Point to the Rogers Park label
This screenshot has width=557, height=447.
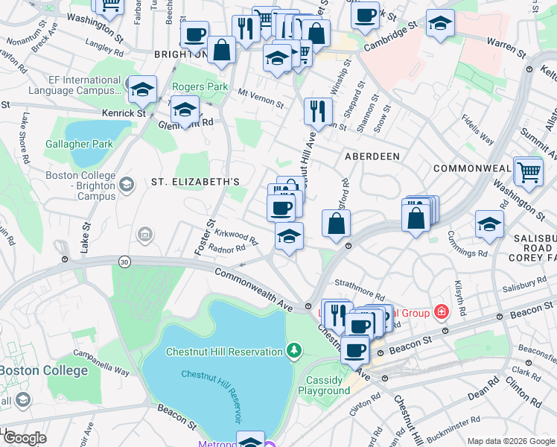pyautogui.click(x=200, y=86)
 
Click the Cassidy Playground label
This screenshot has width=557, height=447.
pyautogui.click(x=324, y=385)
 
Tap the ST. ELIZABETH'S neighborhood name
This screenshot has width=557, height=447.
pyautogui.click(x=194, y=181)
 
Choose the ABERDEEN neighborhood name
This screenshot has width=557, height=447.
pyautogui.click(x=372, y=156)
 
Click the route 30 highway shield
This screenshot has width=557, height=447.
pyautogui.click(x=124, y=261)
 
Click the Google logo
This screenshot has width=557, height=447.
pyautogui.click(x=24, y=437)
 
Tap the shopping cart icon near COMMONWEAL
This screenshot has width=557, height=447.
pyautogui.click(x=528, y=171)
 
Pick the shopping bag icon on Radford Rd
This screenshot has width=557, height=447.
pyautogui.click(x=337, y=223)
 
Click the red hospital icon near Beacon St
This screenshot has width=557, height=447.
pyautogui.click(x=442, y=311)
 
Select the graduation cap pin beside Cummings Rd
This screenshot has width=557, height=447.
pyautogui.click(x=489, y=223)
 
